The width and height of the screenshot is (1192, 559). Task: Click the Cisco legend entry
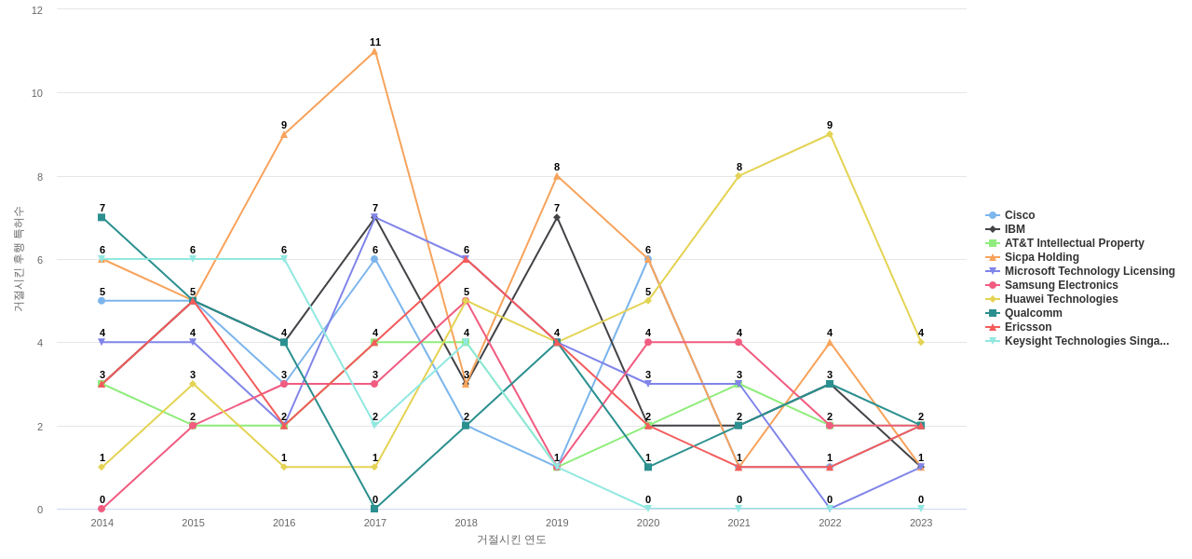coord(1019,215)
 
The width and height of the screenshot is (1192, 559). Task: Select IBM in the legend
coord(1014,229)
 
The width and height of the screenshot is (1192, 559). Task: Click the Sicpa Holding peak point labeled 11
coord(375,51)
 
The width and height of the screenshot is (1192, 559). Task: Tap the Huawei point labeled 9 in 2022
coord(830,134)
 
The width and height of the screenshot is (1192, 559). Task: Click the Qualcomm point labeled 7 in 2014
coord(102,217)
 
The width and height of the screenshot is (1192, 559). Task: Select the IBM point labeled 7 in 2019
coord(557,217)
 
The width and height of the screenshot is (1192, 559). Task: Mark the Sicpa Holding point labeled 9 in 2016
coord(284,134)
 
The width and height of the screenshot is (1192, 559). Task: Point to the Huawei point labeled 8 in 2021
coord(738,176)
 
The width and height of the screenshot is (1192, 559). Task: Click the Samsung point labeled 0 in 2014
coord(102,509)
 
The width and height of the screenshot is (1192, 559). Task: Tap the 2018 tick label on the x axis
coord(466,523)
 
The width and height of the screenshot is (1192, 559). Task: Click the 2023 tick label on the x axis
coord(921,523)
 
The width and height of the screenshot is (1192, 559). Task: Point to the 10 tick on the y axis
coord(37,93)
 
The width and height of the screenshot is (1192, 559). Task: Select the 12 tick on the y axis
coord(37,10)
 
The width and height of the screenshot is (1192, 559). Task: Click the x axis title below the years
coord(511,539)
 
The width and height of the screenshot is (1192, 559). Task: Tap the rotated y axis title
coord(18,259)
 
